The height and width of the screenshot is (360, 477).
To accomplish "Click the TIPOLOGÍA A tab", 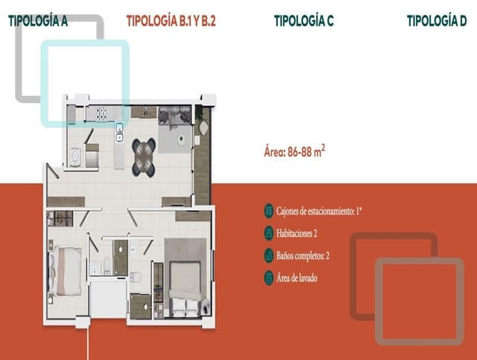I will point(38,22).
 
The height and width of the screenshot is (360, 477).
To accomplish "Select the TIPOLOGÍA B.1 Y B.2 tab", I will point(171,22).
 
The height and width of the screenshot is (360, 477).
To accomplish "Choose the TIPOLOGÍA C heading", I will point(303,22).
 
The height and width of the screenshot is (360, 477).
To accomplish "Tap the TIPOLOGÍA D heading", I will point(441,22).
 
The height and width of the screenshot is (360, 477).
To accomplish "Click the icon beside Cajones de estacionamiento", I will point(269,211).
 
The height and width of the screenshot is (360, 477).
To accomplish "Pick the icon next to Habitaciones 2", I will point(269,233).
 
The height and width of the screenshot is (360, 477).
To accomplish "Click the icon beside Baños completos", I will point(269,255).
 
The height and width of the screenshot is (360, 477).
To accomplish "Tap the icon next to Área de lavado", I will point(269,278).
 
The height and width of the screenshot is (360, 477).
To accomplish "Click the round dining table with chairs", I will point(143,155).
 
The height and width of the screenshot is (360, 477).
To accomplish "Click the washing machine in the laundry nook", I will point(75,157).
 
